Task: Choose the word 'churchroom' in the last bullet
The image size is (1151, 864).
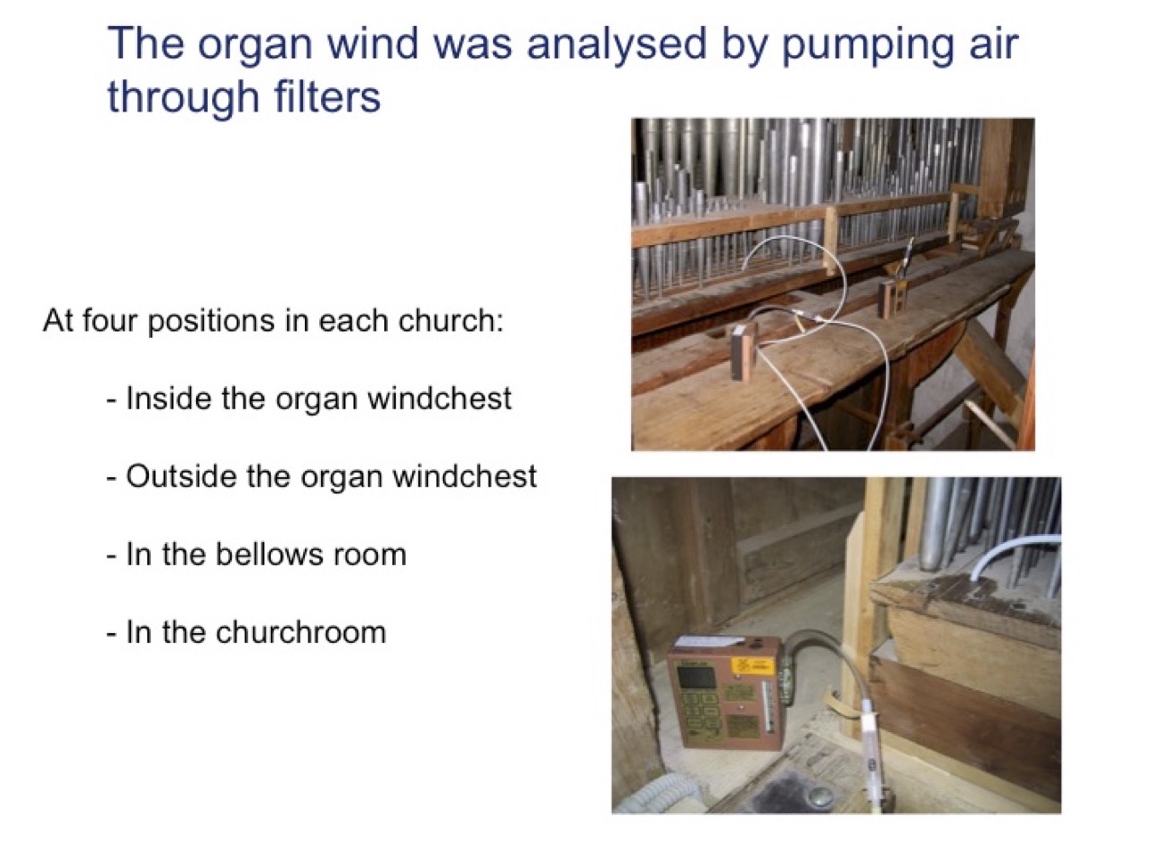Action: pyautogui.click(x=300, y=632)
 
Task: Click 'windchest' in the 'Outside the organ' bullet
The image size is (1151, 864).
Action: pyautogui.click(x=465, y=476)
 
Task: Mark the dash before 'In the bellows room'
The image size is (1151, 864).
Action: pyautogui.click(x=111, y=555)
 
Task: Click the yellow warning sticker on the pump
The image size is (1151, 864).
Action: pyautogui.click(x=753, y=667)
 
